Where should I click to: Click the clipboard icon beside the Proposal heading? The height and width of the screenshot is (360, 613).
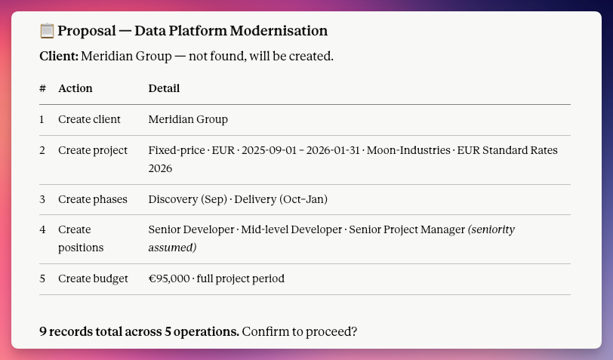point(47,31)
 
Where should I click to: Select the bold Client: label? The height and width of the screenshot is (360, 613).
point(59,57)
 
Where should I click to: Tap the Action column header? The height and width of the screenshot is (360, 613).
point(75,88)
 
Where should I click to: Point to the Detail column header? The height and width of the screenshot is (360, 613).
point(164,88)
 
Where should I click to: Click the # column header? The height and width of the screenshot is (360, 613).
point(42,88)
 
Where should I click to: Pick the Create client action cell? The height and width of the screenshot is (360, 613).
point(89,119)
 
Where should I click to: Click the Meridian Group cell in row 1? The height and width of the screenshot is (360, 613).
point(188,119)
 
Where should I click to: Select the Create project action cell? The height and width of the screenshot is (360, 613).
point(93,150)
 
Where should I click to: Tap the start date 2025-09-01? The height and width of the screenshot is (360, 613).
point(269,150)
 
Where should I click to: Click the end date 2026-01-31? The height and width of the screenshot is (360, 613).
point(333,150)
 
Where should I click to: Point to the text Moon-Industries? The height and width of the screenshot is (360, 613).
point(408,150)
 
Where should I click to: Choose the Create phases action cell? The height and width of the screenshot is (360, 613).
point(93,199)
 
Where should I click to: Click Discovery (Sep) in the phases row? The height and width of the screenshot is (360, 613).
point(188,199)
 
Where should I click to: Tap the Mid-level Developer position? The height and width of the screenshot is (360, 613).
point(291,229)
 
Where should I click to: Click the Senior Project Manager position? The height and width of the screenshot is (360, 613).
point(407,229)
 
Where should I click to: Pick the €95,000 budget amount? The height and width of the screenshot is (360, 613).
point(169,278)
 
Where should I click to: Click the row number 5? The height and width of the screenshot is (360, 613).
point(42,278)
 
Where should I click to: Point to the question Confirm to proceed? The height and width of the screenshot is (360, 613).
point(300,331)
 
